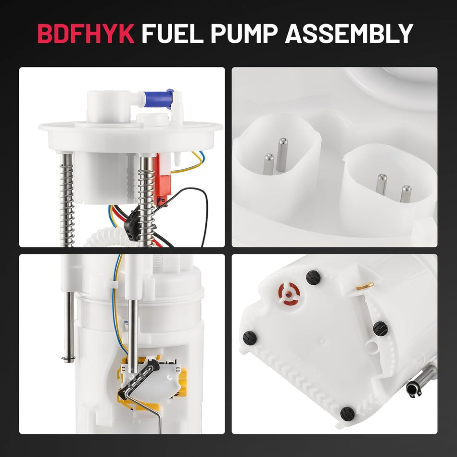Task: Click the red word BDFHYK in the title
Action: tap(85, 34)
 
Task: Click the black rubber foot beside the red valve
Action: tap(313, 277)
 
